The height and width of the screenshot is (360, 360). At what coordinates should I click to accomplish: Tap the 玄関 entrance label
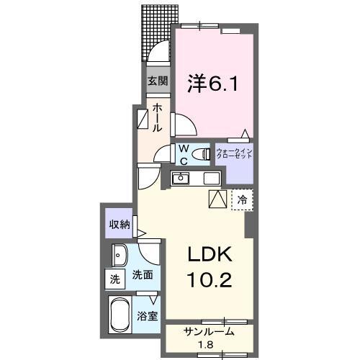pos(158,81)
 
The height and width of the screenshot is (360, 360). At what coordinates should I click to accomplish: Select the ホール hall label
pos(156,117)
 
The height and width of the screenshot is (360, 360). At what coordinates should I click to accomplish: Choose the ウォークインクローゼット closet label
pos(234,153)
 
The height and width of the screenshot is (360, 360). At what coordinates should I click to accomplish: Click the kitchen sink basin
pos(181,178)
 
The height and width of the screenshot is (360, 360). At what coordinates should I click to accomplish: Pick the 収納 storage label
pos(120,224)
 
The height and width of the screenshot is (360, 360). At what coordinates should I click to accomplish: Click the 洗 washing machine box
pos(115,278)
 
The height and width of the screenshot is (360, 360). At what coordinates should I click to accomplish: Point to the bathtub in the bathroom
pos(122,315)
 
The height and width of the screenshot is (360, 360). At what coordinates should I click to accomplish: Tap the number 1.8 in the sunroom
pos(209,346)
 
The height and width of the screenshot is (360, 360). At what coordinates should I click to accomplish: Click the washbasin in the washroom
pos(119,254)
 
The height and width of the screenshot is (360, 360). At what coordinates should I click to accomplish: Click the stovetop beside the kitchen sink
pos(211,178)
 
